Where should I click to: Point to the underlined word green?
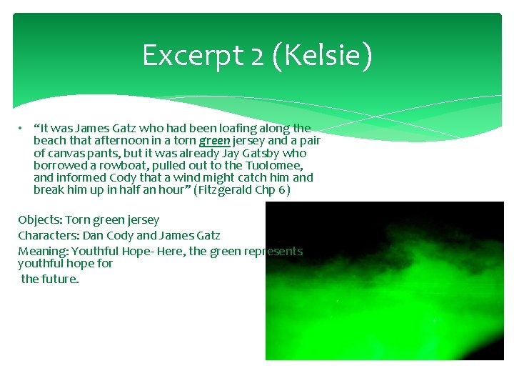[214, 141]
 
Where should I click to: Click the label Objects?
[39, 220]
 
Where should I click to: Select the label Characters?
[49, 235]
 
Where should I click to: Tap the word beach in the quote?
[50, 141]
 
